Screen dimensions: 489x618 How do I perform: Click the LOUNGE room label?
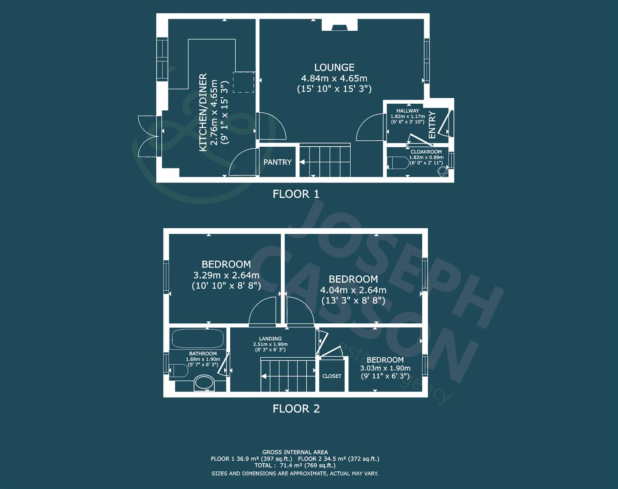[334, 67]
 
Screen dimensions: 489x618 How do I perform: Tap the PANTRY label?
[277, 162]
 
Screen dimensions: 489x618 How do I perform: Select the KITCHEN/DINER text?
[203, 112]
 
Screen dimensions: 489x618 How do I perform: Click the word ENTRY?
[432, 125]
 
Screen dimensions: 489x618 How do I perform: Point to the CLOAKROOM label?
[426, 152]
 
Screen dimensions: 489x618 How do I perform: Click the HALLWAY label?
[408, 110]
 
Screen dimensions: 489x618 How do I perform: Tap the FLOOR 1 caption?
[296, 194]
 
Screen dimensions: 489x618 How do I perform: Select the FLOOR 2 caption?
[296, 409]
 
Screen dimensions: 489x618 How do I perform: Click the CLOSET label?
[332, 376]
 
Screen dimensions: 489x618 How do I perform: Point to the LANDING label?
[270, 339]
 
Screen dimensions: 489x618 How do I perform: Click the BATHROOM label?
[203, 354]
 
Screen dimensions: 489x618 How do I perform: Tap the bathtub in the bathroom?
[197, 339]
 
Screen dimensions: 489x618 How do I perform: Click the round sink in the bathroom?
[204, 383]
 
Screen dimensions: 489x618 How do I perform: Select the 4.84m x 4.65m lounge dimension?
[334, 78]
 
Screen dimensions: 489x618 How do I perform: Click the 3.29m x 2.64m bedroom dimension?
[226, 275]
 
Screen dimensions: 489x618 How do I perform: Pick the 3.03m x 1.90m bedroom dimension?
[385, 368]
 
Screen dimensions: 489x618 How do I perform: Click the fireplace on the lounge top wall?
[339, 25]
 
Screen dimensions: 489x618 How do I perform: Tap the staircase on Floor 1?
[325, 160]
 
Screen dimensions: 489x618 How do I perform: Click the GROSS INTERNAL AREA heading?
[295, 452]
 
